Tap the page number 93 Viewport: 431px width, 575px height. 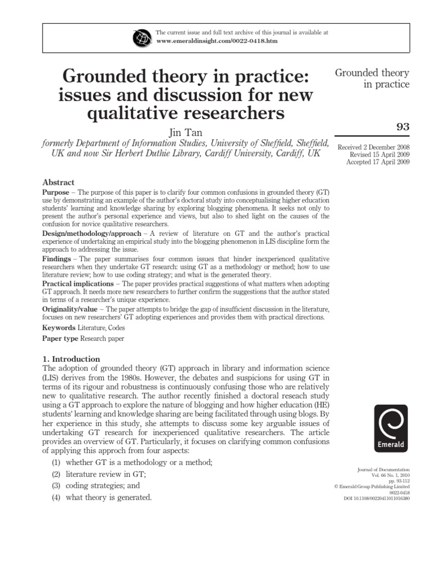point(402,127)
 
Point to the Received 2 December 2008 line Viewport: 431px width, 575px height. point(373,147)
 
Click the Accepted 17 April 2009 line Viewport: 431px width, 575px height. point(378,162)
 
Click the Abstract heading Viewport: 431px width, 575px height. point(58,182)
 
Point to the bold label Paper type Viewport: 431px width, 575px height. point(61,339)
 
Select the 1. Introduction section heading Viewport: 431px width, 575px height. point(71,359)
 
